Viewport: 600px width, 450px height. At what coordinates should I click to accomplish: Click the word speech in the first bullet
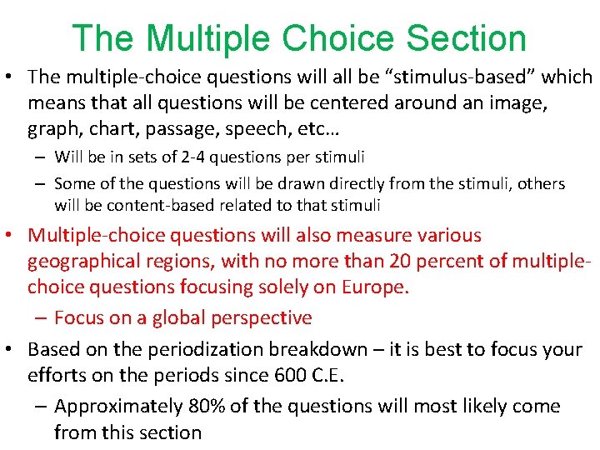(257, 129)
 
